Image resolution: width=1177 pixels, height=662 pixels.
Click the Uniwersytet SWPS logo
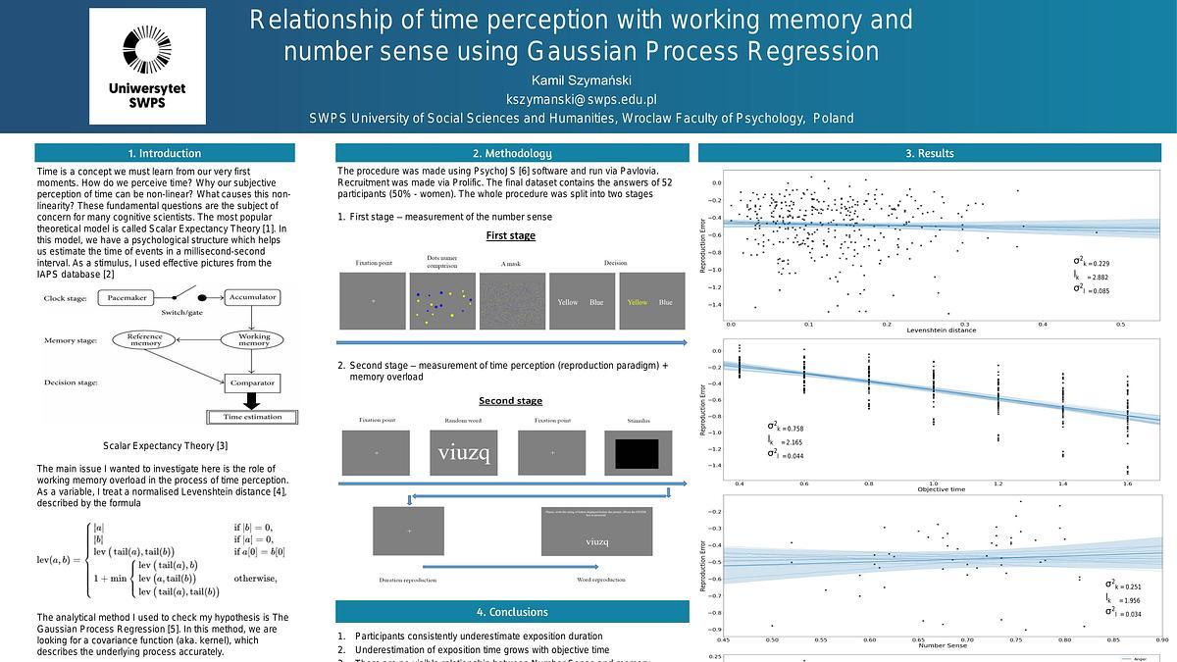pos(147,66)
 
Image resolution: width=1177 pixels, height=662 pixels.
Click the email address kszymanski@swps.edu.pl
pos(582,99)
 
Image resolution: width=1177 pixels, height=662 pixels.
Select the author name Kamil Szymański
pos(582,79)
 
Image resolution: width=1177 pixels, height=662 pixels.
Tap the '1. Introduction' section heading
pos(165,153)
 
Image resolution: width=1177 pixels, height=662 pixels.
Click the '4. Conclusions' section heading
pos(512,612)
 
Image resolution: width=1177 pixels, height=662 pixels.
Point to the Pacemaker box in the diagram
pos(127,297)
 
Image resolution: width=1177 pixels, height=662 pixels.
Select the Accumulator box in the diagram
pos(252,297)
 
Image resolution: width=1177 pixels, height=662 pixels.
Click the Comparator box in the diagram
pos(252,382)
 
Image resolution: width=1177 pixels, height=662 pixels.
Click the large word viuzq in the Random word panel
pos(462,452)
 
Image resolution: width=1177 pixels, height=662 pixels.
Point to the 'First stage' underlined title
pos(511,236)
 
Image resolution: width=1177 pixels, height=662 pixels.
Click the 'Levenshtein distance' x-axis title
pos(927,329)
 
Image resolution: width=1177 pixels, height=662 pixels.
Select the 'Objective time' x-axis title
pos(941,489)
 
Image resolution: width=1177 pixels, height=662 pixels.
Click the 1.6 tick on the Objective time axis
pos(1127,484)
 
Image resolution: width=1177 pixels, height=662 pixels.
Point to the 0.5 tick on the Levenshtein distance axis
pos(1119,324)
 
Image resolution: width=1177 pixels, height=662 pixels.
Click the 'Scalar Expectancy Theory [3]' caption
pos(165,446)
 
